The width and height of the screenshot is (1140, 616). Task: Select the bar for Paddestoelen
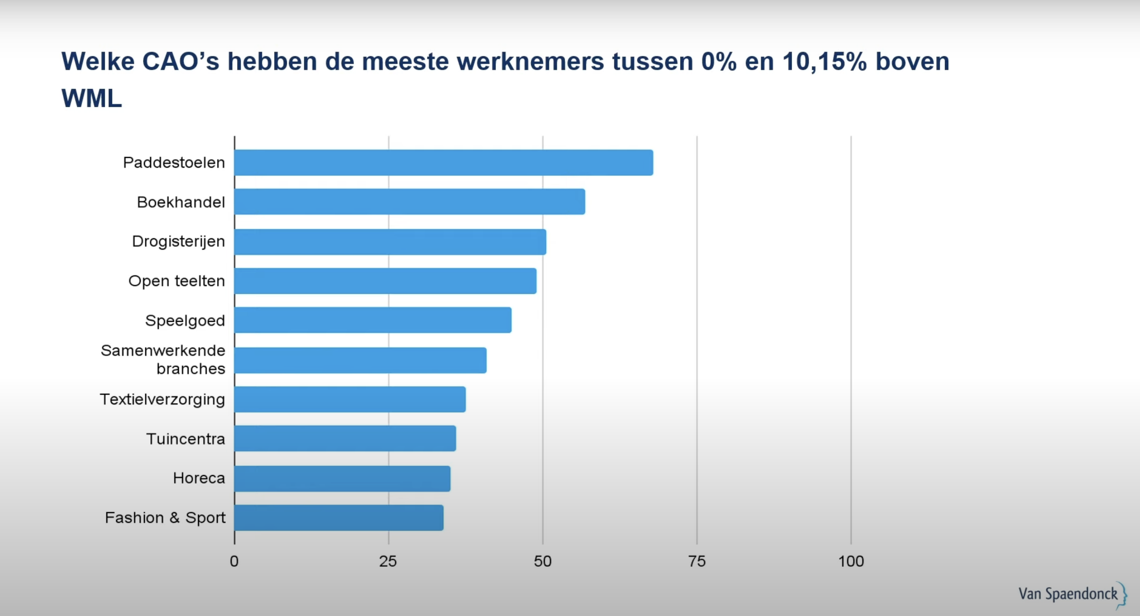point(443,163)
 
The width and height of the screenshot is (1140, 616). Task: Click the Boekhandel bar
point(409,202)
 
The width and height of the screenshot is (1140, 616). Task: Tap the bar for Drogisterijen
point(390,242)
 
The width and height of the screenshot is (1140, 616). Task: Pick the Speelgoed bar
point(373,320)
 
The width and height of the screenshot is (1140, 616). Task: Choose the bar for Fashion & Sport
point(339,518)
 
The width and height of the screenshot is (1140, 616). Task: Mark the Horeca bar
point(342,479)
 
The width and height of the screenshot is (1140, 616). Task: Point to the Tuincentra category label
point(185,439)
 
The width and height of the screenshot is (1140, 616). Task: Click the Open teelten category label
point(176,281)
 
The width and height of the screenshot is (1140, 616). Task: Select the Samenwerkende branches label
point(163,359)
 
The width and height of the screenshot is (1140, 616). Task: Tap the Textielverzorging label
point(162,399)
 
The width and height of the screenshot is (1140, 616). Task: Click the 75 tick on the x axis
point(697,561)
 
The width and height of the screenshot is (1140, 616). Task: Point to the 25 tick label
point(388,561)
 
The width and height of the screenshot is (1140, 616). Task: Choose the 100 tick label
point(851,561)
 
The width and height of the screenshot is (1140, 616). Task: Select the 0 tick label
point(234,561)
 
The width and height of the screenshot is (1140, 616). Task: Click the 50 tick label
point(542,561)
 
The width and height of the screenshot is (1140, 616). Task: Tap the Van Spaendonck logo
point(1071,594)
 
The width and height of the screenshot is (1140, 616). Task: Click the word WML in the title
point(91,98)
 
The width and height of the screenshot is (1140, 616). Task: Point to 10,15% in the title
point(824,61)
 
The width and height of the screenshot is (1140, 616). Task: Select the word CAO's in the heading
point(180,61)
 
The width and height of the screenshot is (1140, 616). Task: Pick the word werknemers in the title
point(530,61)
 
